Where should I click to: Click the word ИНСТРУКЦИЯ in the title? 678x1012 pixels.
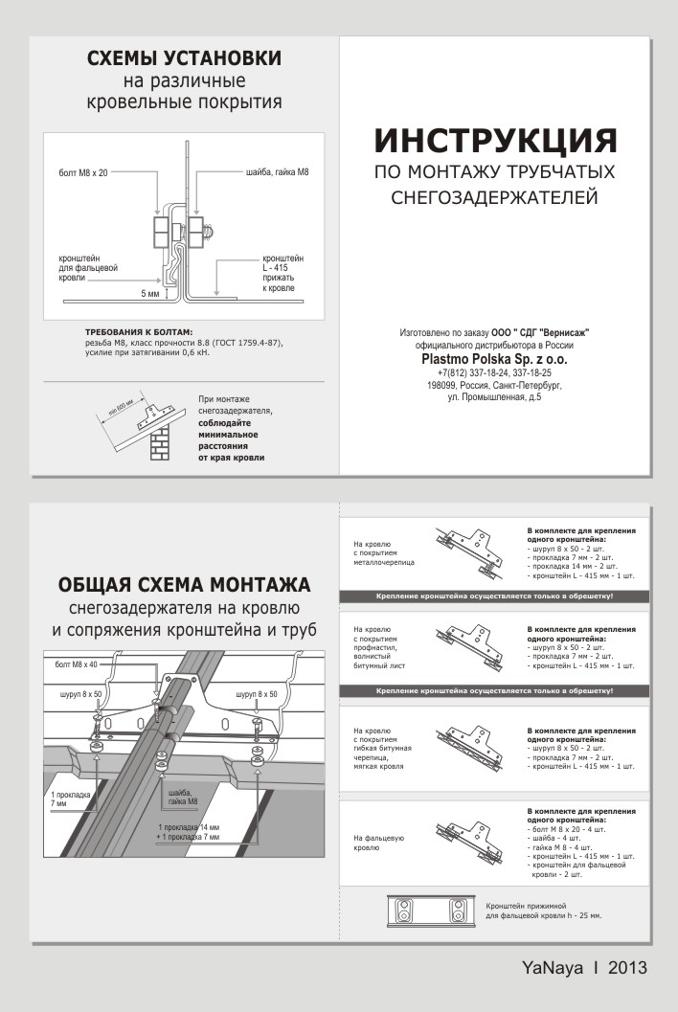click(495, 140)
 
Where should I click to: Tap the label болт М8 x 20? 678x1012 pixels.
click(83, 172)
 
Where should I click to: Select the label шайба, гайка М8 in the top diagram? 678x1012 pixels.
click(277, 172)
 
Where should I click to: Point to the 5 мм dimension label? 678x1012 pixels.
click(149, 294)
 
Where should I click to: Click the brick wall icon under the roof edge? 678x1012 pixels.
click(160, 442)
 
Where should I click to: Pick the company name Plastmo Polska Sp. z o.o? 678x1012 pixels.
click(494, 359)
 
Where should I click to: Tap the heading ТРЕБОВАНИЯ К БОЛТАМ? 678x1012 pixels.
click(139, 332)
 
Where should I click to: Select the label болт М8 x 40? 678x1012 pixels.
click(77, 664)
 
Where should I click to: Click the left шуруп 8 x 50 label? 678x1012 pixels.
click(80, 694)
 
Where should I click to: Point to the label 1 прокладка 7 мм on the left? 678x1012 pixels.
click(70, 799)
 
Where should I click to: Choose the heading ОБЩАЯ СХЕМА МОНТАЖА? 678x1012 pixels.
click(184, 585)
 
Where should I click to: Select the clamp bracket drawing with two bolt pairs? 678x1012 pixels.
click(431, 912)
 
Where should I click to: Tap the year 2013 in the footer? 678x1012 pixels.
click(627, 967)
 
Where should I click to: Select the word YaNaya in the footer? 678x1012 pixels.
click(553, 967)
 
